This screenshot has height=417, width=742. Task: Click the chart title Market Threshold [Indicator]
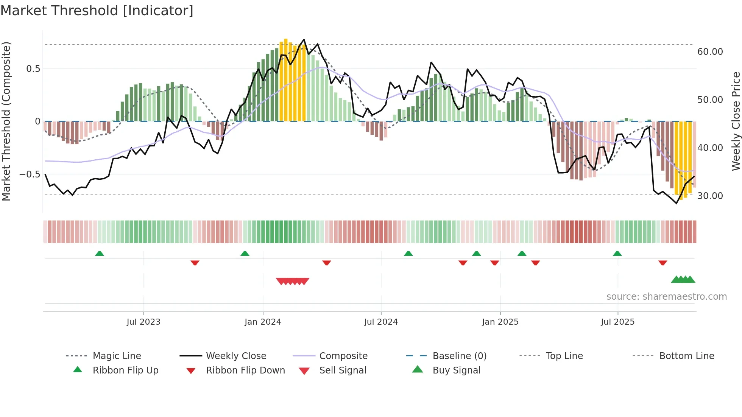point(97,11)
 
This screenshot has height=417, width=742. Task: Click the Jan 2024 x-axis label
point(263,322)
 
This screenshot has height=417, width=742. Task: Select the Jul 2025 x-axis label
point(617,322)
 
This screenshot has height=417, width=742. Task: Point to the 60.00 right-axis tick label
point(710,51)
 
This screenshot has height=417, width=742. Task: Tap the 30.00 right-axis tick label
point(710,196)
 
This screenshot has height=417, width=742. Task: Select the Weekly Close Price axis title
point(736,121)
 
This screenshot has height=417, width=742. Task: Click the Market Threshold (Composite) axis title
point(6,121)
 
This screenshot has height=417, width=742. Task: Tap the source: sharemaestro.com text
point(666,296)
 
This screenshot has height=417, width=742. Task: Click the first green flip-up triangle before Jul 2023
point(100,254)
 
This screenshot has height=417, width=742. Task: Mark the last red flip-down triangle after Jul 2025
point(662,263)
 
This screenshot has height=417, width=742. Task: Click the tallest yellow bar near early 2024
point(286,79)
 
